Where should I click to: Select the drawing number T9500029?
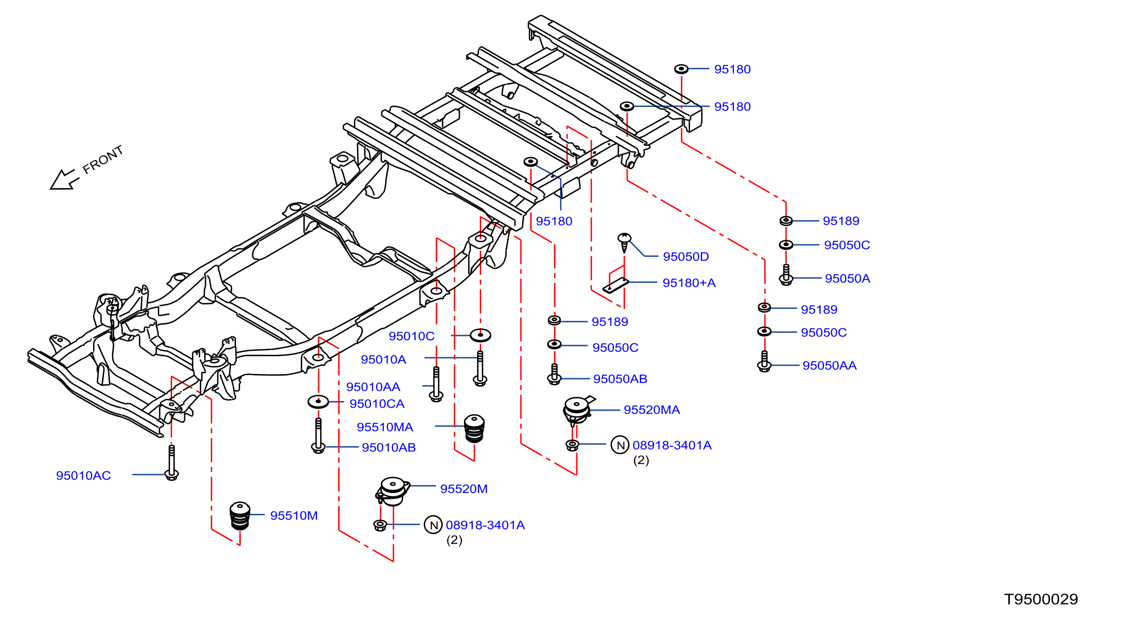[1041, 600]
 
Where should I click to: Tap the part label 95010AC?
[83, 475]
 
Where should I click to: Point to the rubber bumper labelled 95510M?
[240, 516]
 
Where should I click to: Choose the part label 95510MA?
[385, 427]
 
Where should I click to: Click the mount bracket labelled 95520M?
[393, 491]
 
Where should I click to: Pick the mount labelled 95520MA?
[578, 410]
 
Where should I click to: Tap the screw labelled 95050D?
[624, 242]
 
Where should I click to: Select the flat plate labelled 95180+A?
[615, 285]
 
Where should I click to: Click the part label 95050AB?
[620, 379]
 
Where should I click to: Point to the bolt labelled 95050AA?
[764, 361]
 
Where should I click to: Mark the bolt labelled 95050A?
[786, 275]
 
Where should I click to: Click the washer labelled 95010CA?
[318, 401]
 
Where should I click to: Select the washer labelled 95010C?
[480, 335]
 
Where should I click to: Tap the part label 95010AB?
[388, 447]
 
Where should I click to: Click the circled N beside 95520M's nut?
[434, 525]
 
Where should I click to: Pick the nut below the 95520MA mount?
[572, 445]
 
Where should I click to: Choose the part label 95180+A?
[689, 283]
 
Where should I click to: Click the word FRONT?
[103, 160]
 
